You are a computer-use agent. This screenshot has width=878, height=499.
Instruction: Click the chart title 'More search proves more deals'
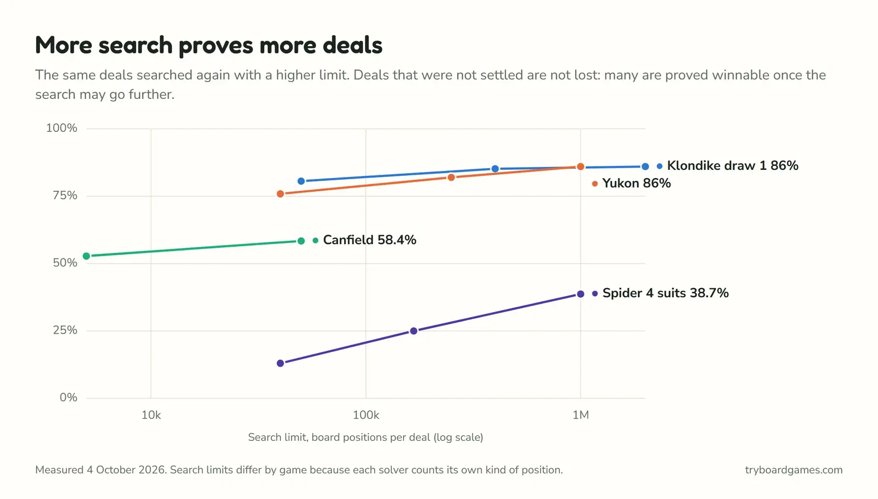[209, 45]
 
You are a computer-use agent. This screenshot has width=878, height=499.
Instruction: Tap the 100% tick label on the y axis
[61, 128]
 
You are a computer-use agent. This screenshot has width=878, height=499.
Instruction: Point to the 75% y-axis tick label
[65, 196]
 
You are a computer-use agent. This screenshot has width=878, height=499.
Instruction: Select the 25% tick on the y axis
[65, 330]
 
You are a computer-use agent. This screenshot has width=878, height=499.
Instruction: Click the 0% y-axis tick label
[68, 398]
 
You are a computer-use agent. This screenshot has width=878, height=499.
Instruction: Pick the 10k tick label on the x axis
[151, 415]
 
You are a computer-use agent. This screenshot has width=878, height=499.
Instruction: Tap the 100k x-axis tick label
[365, 415]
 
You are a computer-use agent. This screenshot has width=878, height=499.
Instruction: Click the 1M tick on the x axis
[581, 415]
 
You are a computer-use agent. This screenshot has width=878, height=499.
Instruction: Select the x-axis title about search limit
[365, 437]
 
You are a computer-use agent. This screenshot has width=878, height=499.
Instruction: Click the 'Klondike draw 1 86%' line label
[733, 165]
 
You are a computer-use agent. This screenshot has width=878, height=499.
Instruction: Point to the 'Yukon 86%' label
[637, 184]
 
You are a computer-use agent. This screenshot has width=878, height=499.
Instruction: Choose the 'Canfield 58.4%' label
[370, 240]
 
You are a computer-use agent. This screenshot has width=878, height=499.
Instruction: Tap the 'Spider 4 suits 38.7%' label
[666, 293]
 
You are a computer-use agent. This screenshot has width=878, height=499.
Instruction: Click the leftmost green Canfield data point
[87, 256]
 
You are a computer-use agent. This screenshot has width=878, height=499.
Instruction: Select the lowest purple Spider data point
[280, 363]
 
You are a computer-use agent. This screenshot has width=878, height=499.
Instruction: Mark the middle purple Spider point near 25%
[414, 331]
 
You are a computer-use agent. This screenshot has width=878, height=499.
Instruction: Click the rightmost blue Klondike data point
[645, 167]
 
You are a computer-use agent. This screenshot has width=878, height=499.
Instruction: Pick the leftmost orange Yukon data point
[280, 194]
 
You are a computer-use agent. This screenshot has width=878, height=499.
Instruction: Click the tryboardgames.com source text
[793, 470]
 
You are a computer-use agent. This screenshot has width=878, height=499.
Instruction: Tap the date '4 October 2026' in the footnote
[126, 470]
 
